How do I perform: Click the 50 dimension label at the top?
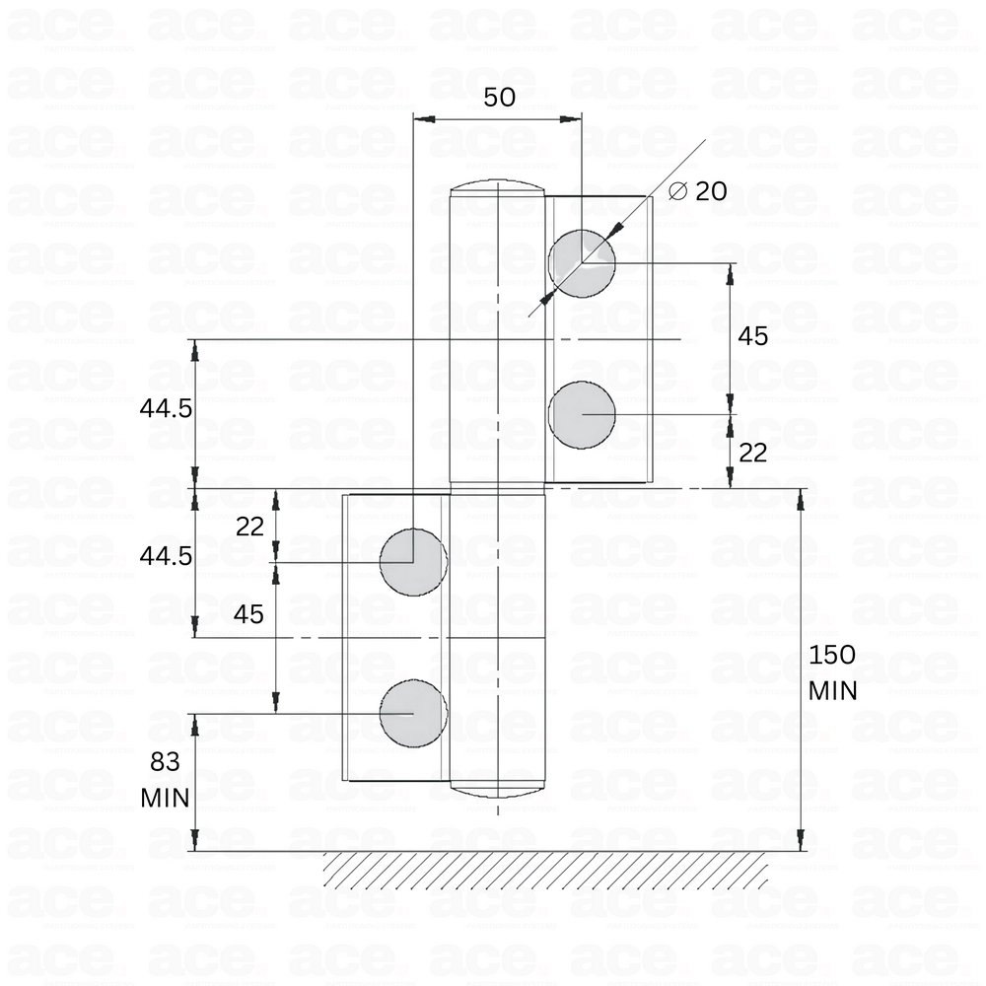click(501, 97)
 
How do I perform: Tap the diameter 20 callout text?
click(698, 191)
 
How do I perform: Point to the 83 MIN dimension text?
click(165, 778)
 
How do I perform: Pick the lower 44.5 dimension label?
click(166, 556)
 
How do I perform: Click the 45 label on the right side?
click(752, 336)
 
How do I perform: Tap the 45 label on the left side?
click(248, 614)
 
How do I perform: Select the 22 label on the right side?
click(752, 453)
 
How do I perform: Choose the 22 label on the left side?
click(250, 527)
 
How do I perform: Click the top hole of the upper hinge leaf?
click(582, 263)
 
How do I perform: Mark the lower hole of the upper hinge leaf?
click(582, 414)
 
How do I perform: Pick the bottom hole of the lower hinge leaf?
click(413, 712)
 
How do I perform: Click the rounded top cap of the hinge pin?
click(498, 187)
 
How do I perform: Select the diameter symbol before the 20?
click(677, 191)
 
